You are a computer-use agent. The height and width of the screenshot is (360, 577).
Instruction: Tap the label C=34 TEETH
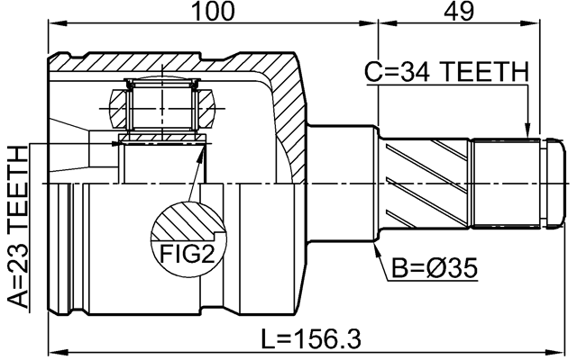coord(445,72)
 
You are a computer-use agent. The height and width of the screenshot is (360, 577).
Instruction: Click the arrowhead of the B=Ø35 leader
coord(378,245)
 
